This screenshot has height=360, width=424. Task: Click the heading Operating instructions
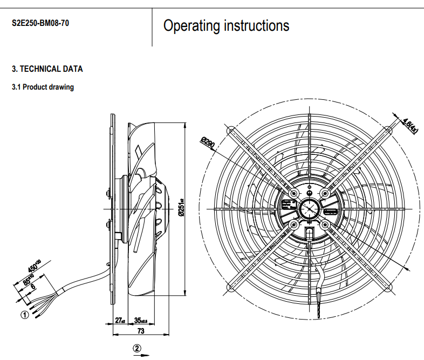(226, 25)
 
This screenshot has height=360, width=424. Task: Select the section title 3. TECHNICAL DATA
(47, 69)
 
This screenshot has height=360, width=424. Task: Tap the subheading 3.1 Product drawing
(43, 87)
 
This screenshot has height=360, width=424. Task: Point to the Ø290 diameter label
(208, 144)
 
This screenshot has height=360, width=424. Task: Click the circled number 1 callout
(24, 316)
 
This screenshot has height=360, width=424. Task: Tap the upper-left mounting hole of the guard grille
(230, 130)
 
